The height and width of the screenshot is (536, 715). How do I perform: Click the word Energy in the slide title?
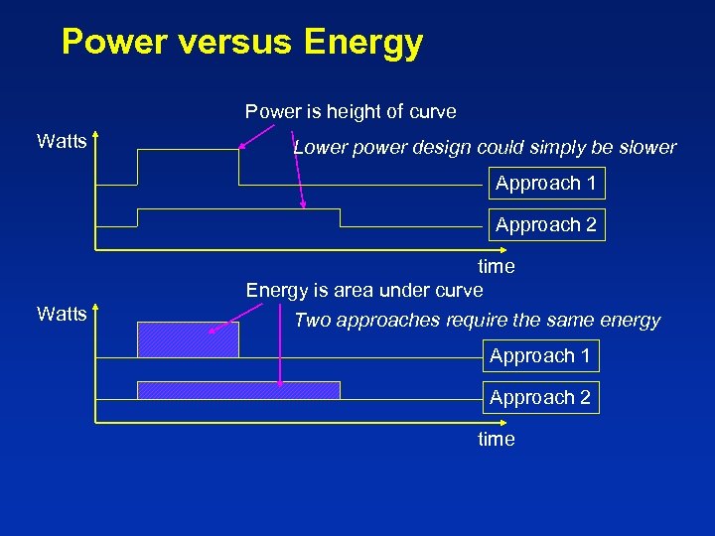coord(363,43)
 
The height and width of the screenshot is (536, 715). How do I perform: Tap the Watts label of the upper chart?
coord(62,141)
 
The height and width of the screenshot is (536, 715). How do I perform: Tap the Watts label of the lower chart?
coord(62,315)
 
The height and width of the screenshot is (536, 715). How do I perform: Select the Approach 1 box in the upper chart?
coord(544,184)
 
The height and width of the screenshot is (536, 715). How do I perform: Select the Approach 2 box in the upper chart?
coord(544,225)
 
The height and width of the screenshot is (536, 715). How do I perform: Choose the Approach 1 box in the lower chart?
coord(540,356)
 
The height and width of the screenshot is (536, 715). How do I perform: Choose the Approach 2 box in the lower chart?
coord(540,398)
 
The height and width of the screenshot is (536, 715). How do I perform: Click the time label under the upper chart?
coord(497,266)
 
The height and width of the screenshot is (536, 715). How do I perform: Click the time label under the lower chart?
coord(497,439)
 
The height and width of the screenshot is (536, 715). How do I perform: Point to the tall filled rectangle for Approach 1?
coord(188,339)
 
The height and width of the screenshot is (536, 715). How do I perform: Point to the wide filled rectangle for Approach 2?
coord(238,390)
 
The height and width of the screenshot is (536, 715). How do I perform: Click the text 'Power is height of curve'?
coord(351,112)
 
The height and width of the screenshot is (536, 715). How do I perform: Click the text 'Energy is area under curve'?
coord(364,290)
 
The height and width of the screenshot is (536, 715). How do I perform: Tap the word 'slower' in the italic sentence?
coord(645,148)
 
